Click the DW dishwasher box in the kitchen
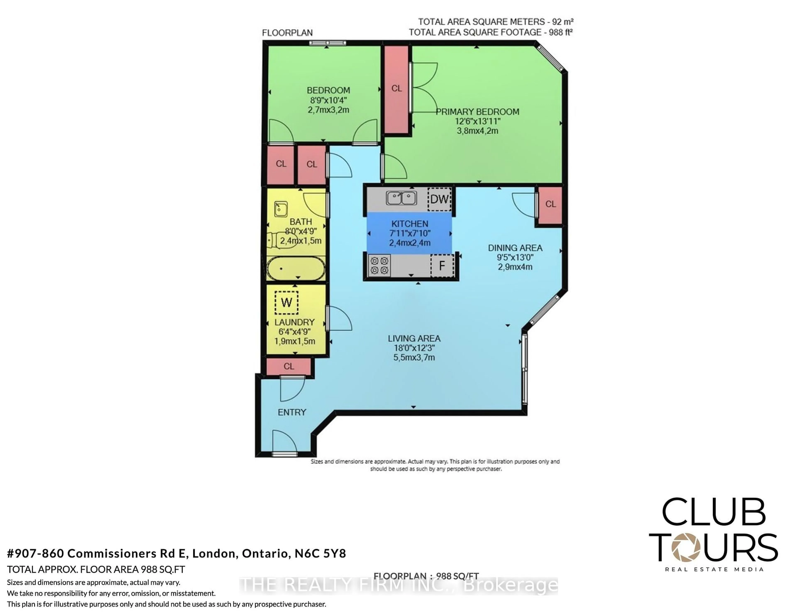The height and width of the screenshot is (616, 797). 439,199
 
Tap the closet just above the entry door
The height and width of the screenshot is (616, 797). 289,366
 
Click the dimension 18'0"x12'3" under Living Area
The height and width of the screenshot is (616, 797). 414,348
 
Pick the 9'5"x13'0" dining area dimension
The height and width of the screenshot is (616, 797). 515,257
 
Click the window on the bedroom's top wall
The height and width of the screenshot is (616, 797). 327,43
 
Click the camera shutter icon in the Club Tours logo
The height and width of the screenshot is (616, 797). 686,547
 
